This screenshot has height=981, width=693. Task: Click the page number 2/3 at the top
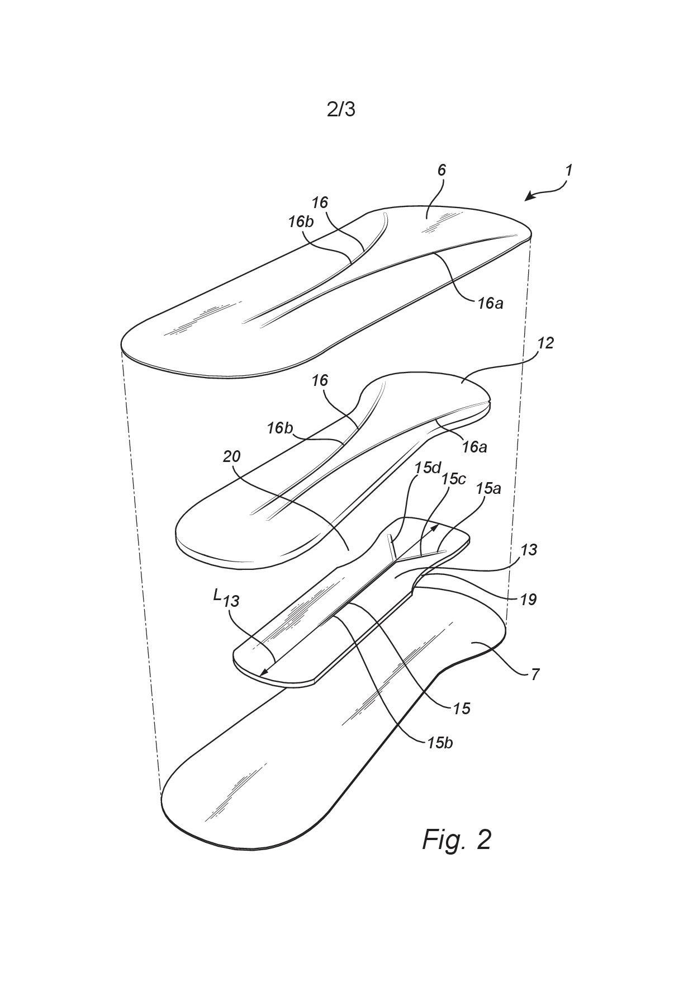(x=341, y=110)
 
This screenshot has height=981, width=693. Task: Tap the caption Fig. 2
(x=457, y=839)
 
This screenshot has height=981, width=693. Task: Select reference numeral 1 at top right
(x=568, y=170)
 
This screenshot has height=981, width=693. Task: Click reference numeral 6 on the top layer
(x=442, y=170)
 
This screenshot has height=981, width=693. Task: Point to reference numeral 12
(x=545, y=343)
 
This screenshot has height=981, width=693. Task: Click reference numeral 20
(x=231, y=456)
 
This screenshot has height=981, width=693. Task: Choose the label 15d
(x=428, y=468)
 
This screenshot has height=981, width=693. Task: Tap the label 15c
(x=454, y=479)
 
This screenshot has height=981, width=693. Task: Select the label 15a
(x=488, y=488)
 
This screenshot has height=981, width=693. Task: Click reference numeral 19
(x=528, y=600)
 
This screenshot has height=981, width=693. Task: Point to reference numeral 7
(x=535, y=675)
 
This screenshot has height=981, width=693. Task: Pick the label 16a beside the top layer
(x=490, y=303)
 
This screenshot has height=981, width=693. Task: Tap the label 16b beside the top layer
(x=301, y=221)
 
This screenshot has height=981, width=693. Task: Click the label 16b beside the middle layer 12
(x=280, y=428)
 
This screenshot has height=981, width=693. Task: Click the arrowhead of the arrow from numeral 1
(x=529, y=196)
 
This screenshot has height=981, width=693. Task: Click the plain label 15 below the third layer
(x=461, y=709)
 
